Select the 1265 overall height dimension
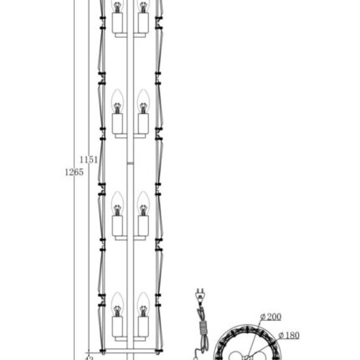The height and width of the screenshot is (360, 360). coord(74,171)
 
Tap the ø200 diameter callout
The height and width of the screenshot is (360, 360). coord(270,316)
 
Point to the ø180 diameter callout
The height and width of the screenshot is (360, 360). coord(289,334)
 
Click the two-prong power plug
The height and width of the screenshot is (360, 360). coord(200,296)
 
